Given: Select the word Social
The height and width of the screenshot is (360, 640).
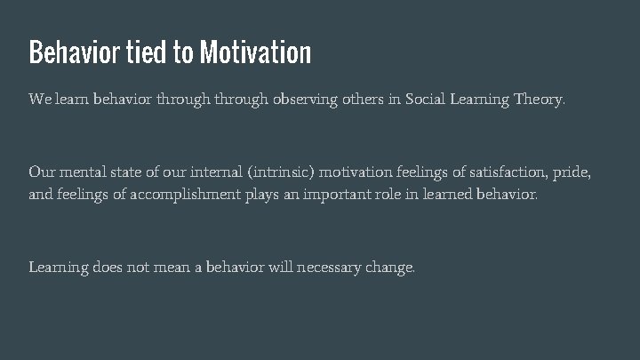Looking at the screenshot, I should pyautogui.click(x=428, y=100).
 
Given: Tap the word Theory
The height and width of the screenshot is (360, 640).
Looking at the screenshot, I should pyautogui.click(x=539, y=100).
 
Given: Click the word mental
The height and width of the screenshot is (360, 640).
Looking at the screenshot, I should pyautogui.click(x=82, y=172).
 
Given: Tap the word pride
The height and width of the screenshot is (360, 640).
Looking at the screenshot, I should pyautogui.click(x=570, y=172).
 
